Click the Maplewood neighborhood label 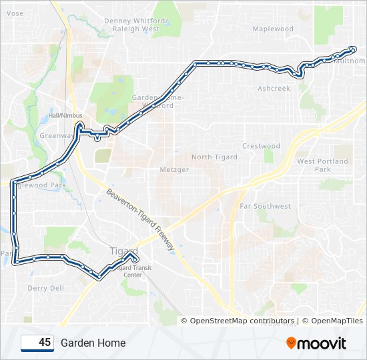pos(273,29)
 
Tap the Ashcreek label pos(274,88)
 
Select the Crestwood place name pos(261,146)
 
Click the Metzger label pos(173,169)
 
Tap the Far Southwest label pos(265,207)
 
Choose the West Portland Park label pos(323,165)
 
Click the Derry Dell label pos(46,288)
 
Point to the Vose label pos(14,13)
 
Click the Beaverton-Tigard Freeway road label pos(140,219)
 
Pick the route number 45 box pos(37,343)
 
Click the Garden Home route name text pos(93,343)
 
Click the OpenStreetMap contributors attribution pos(242,321)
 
